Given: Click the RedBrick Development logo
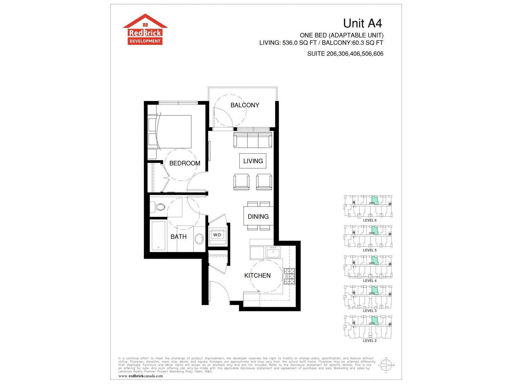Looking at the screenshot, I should [x=145, y=30].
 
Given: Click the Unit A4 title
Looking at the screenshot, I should [x=362, y=23].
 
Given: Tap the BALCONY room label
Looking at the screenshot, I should [x=244, y=105].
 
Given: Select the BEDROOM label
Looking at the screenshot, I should [x=185, y=163].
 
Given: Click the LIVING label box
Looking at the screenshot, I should [x=253, y=161].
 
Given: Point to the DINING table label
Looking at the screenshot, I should [x=258, y=217].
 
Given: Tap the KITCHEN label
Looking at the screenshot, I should [x=257, y=276].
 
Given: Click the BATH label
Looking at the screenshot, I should [x=178, y=237].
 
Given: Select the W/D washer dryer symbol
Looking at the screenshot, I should [x=217, y=235].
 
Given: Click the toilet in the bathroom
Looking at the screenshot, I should [x=158, y=207].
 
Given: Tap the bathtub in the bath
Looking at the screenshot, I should [x=158, y=236].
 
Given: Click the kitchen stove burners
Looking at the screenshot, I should [x=289, y=276].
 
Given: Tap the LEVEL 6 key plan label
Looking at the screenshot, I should [x=369, y=220].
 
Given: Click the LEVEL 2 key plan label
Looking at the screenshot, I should [x=369, y=341].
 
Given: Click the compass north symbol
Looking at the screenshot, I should [x=386, y=365].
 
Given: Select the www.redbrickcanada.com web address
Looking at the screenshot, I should [x=141, y=376].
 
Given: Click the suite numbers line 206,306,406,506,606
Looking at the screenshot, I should [x=345, y=54].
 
